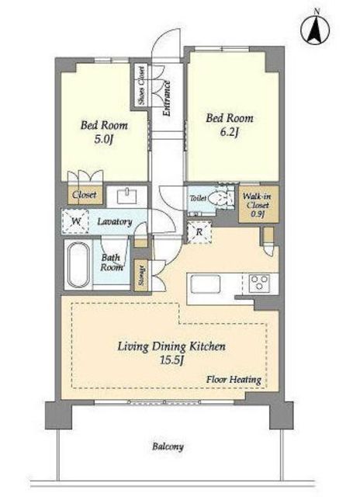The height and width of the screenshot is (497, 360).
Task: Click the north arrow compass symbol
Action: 315,30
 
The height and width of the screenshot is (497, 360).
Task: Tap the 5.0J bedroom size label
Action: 103,140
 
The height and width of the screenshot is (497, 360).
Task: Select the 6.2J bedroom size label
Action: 229,132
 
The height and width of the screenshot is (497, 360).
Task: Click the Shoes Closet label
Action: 141,85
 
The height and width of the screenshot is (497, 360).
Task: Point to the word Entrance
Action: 166,99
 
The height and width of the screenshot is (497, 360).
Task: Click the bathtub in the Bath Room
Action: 78,264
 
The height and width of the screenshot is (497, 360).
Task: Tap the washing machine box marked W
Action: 75,221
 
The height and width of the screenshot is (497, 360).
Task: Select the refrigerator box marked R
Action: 199,231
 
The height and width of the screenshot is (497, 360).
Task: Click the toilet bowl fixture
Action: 218,199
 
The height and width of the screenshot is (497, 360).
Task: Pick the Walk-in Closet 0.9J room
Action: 258,203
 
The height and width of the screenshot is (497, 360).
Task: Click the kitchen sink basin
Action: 206,284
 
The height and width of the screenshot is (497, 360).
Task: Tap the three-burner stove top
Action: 260,283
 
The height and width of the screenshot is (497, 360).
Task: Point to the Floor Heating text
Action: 234,379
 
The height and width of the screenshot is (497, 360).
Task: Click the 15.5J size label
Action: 172,360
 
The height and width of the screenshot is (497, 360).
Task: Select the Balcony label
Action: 168,447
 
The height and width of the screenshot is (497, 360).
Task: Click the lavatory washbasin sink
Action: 127,196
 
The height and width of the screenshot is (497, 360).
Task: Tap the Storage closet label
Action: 141,276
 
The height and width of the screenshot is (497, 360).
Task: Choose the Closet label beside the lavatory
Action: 85,194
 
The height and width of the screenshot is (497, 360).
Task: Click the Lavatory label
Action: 115,221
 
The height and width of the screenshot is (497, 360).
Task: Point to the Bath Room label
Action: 112,262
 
